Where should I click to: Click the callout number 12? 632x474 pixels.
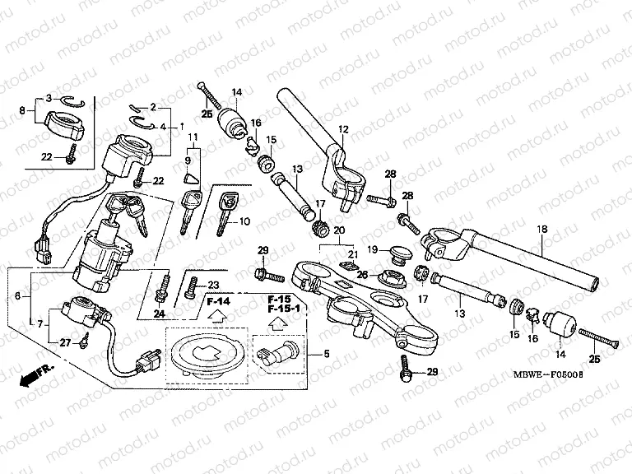point(343,129)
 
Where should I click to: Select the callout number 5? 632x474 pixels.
point(327,355)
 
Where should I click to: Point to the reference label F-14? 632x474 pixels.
point(218,301)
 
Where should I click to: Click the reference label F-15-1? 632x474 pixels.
point(284,309)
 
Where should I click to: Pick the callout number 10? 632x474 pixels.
point(244,221)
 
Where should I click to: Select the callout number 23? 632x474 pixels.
point(214,285)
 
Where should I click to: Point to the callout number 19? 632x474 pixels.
point(372,249)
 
